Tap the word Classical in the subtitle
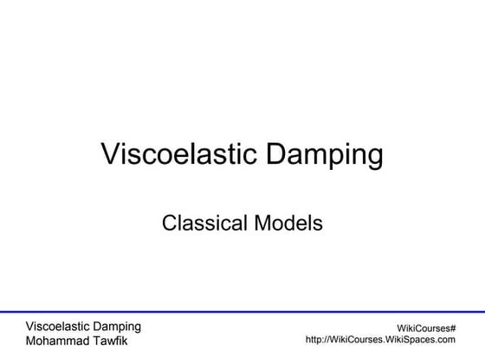[201, 223]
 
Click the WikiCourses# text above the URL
[426, 328]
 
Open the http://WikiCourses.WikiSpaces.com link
[380, 341]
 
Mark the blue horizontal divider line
[242, 311]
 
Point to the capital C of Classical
[169, 223]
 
